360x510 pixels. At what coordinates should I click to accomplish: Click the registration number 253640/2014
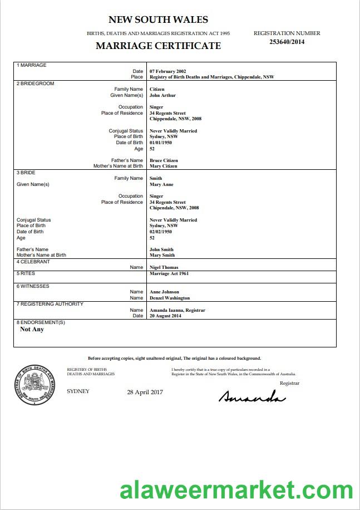[287, 41]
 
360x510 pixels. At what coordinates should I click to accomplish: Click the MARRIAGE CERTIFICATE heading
[158, 46]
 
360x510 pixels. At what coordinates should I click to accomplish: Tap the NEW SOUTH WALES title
[158, 20]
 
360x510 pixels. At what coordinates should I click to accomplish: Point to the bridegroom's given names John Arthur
[162, 95]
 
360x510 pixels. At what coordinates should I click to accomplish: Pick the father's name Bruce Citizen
[164, 160]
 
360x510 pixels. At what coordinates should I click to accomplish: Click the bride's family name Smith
[156, 178]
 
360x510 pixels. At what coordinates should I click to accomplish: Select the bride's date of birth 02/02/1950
[161, 232]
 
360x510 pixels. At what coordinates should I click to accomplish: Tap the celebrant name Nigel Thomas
[164, 267]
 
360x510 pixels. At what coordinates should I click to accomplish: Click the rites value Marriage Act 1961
[170, 274]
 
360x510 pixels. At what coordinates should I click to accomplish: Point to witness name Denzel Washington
[170, 298]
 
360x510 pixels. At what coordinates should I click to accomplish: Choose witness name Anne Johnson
[164, 292]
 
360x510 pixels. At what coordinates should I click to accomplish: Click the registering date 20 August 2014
[166, 316]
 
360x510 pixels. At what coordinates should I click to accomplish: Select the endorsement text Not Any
[32, 329]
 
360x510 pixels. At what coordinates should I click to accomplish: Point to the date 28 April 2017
[145, 392]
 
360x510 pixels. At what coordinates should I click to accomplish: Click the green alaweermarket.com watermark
[236, 491]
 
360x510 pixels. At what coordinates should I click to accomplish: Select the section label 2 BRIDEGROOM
[36, 84]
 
